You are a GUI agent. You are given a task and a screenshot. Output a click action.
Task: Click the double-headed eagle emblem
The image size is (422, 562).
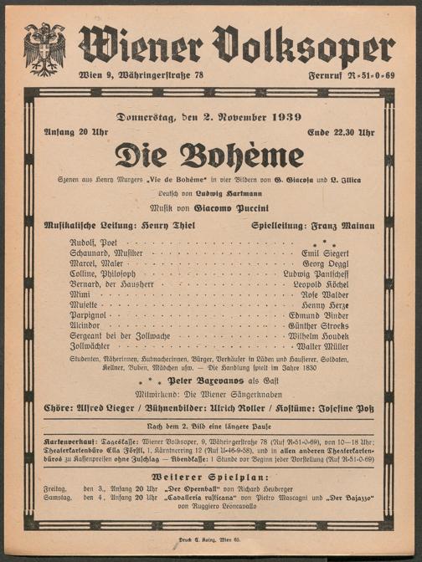[44, 49]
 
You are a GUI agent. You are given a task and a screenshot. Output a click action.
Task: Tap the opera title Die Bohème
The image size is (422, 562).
[209, 155]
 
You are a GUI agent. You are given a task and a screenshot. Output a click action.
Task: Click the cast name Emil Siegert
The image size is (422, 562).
[326, 251]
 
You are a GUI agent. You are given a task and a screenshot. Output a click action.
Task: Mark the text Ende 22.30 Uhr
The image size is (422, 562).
[343, 131]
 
